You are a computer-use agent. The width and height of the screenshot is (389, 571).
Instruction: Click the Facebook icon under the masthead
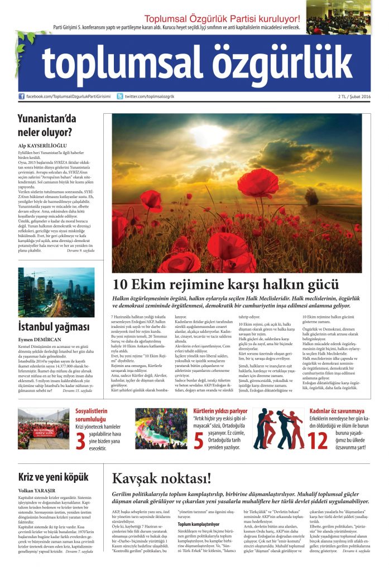coord(22,96)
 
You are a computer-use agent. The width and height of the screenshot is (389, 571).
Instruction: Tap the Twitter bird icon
coord(121,96)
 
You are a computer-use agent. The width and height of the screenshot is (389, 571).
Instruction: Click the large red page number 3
coord(81,440)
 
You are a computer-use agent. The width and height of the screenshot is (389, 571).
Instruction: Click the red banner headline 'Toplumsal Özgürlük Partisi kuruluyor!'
coord(222,20)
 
